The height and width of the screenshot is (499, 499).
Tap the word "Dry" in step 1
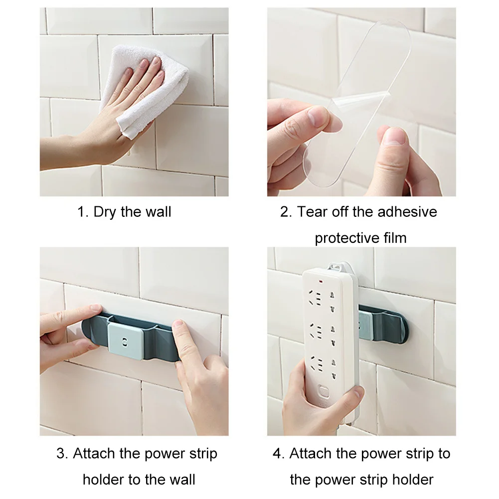pos(105,212)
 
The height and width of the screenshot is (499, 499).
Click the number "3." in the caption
pos(62,454)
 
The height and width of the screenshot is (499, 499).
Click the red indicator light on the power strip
pos(320,282)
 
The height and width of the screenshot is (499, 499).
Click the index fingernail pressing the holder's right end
pos(178,325)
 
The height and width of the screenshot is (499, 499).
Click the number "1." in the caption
pos(83,212)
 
